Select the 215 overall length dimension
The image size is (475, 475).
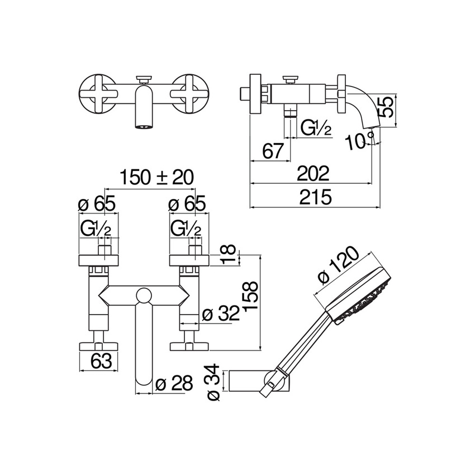316,197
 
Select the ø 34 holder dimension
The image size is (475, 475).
213,384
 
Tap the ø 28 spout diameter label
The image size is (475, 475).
174,383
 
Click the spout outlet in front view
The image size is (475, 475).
143,126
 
